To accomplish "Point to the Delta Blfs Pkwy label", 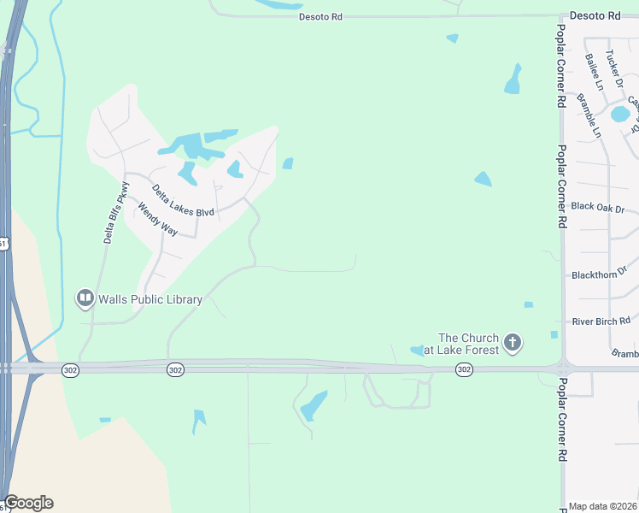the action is point(117,213).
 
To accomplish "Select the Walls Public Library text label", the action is point(150,299).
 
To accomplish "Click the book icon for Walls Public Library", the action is point(85,298).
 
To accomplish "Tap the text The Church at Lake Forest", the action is point(468,343).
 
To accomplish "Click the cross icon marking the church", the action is point(512,343).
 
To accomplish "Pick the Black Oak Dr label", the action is point(598,208).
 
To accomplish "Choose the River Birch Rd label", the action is point(601,321).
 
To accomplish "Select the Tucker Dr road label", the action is point(615,63).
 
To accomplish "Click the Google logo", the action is point(28,503).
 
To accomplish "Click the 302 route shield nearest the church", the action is point(463,369).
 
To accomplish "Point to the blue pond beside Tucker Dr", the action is point(620,114).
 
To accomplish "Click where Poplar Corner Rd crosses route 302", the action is point(561,369).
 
